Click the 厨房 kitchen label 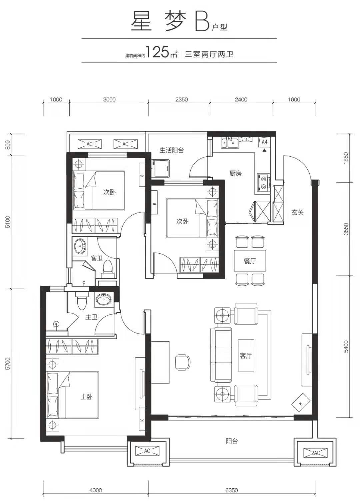(x=235, y=173)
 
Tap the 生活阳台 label (x=172, y=150)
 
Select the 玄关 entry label (x=297, y=212)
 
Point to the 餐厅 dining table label (x=250, y=261)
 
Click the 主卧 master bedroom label (x=87, y=397)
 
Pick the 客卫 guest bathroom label (x=97, y=258)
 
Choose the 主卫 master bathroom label (x=91, y=317)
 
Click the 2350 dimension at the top (x=182, y=100)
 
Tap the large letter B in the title (x=202, y=22)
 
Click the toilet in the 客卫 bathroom (x=107, y=267)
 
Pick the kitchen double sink (x=230, y=143)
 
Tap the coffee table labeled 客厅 (x=246, y=356)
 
